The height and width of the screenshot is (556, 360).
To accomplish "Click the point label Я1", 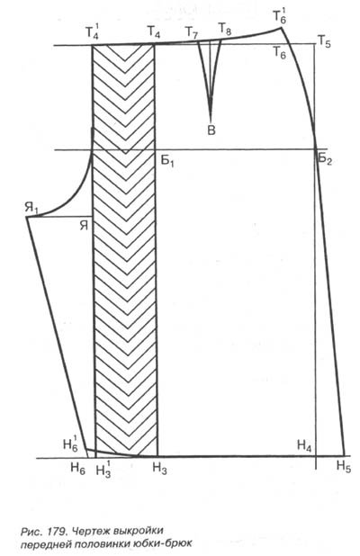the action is coord(31,209).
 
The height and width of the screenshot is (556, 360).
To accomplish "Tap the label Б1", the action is coord(167,161).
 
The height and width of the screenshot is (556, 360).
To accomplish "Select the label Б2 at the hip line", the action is coord(325,158).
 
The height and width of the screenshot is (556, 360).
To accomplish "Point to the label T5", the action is coord(324,42).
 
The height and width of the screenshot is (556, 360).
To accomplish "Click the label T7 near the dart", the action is coord(192,33).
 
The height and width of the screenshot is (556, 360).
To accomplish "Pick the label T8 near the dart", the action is coord(224,29).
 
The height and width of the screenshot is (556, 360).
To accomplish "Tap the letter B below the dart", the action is coord(211,130).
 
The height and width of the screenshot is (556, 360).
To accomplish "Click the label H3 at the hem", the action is coord(159,469).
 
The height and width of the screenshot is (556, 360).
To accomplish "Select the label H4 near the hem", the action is coord(304,445).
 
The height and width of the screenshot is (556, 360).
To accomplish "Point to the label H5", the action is coord(344,466).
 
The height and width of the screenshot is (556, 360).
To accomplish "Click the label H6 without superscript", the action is coord(77,469).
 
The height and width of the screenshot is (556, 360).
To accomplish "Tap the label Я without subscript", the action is coord(84,225).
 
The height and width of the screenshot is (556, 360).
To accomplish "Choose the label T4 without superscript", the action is coord(153,32).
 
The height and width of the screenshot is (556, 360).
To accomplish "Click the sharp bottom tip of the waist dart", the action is coord(211,121).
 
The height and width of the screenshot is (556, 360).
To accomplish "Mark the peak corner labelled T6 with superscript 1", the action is coord(281,27).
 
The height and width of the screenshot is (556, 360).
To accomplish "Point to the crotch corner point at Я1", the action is coord(27,216).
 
